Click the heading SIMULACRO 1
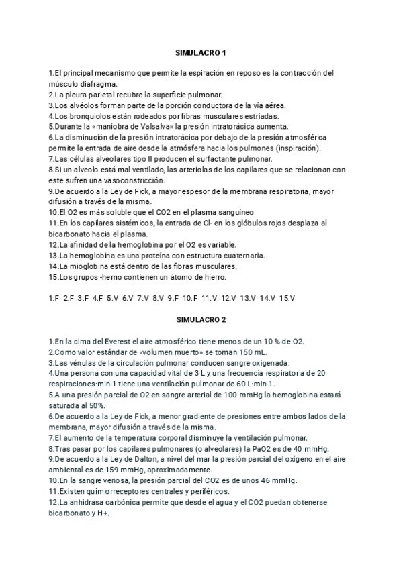(201, 52)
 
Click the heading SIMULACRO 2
(201, 320)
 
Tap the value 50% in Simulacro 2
(96, 405)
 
